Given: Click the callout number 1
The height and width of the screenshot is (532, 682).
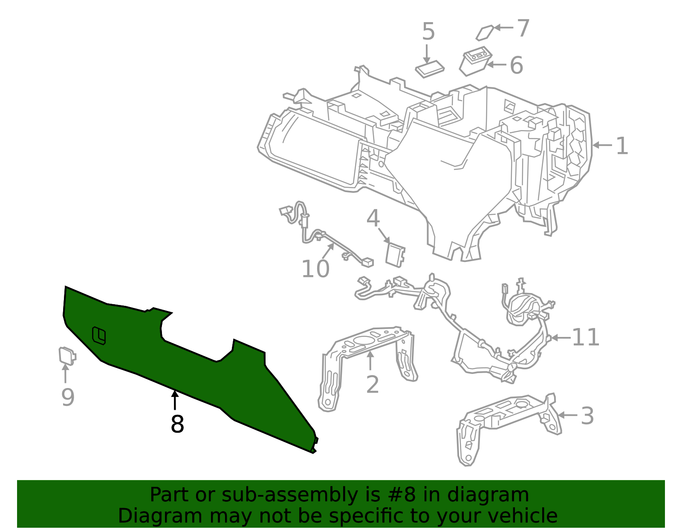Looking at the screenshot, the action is tap(622, 146).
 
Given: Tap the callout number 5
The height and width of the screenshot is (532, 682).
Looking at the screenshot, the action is tap(428, 32).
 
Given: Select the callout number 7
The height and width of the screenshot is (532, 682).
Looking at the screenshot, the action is tap(523, 28).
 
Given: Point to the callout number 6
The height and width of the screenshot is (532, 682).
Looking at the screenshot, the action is tap(516, 66).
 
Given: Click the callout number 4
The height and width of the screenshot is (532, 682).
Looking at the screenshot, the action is tap(373, 219).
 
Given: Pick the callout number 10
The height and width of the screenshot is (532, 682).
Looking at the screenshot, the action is tap(315, 269).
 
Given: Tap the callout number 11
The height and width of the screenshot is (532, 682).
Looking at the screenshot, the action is tap(585, 337).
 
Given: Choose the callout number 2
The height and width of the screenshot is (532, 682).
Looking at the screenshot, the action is tap(373, 385).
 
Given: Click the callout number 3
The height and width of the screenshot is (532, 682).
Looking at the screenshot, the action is tap(587, 416).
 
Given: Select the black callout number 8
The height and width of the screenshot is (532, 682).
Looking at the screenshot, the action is tap(177, 424).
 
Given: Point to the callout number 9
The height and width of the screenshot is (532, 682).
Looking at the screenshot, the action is tap(68, 397).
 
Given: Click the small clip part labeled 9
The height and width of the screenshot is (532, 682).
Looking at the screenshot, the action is tap(67, 356).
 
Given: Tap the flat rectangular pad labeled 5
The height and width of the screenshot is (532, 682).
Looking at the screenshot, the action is tap(430, 69).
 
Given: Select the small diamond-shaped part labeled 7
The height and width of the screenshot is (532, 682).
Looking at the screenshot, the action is tap(484, 33).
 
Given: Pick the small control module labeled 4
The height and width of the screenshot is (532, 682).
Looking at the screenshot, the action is tap(395, 255).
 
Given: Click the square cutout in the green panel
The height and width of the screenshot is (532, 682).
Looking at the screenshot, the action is tap(99, 335).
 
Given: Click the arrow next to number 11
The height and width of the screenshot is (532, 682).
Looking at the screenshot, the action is tap(560, 338).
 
